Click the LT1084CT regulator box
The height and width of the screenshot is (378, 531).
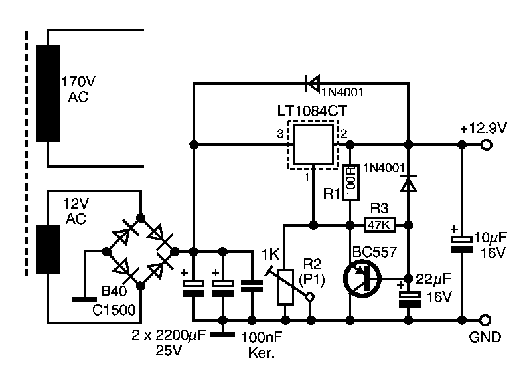click(x=313, y=144)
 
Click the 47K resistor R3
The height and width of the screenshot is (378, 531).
click(x=379, y=225)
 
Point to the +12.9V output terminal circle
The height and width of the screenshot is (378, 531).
click(x=487, y=145)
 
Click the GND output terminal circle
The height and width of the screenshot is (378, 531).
click(x=487, y=320)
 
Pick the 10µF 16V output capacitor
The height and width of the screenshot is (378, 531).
click(x=460, y=243)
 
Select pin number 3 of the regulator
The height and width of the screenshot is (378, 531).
click(x=279, y=135)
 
